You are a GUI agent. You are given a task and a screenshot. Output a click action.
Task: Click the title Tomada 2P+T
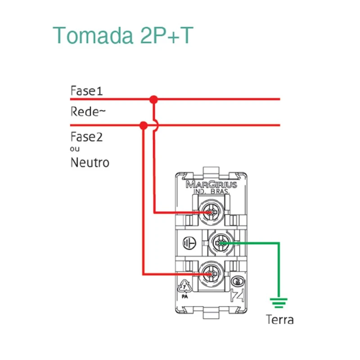click(x=123, y=35)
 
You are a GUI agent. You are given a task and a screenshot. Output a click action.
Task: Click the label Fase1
click(x=86, y=91)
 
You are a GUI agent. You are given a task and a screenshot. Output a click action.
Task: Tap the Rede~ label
click(x=88, y=111)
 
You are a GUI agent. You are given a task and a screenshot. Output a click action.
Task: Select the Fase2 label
click(x=86, y=136)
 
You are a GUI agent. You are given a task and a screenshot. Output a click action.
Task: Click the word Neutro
click(x=90, y=162)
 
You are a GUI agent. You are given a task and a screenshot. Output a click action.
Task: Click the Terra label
click(x=279, y=319)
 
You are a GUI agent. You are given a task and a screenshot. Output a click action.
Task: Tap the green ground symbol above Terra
click(x=279, y=303)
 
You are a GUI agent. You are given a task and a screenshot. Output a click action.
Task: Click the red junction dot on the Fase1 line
click(x=154, y=99)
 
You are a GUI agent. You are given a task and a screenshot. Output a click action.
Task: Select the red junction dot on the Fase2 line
click(x=144, y=125)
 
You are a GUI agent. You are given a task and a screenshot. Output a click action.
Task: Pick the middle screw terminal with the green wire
click(x=220, y=243)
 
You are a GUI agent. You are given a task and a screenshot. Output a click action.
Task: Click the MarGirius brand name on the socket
click(x=211, y=184)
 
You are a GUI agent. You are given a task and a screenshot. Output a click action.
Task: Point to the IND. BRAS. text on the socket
click(x=211, y=192)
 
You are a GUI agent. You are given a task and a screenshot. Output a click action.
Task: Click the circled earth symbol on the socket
click(x=189, y=243)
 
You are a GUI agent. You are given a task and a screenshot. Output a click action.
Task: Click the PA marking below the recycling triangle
click(x=185, y=297)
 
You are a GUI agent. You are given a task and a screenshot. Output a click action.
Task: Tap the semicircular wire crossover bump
click(x=155, y=126)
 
